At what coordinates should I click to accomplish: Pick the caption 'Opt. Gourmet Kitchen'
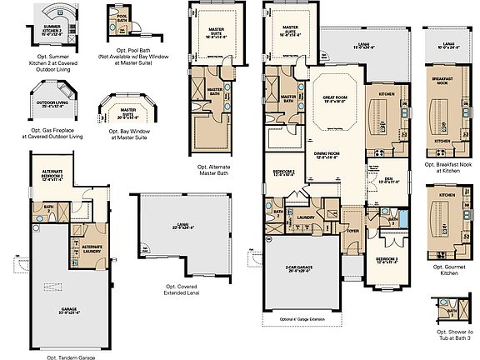[x=449, y=271]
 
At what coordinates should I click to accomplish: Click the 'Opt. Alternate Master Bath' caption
[x=220, y=171]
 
